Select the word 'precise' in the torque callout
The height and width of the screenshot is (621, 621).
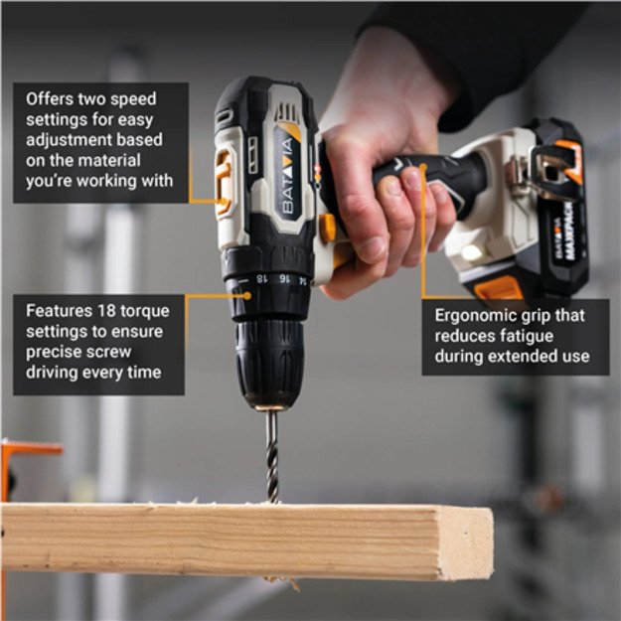tap(56, 351)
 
